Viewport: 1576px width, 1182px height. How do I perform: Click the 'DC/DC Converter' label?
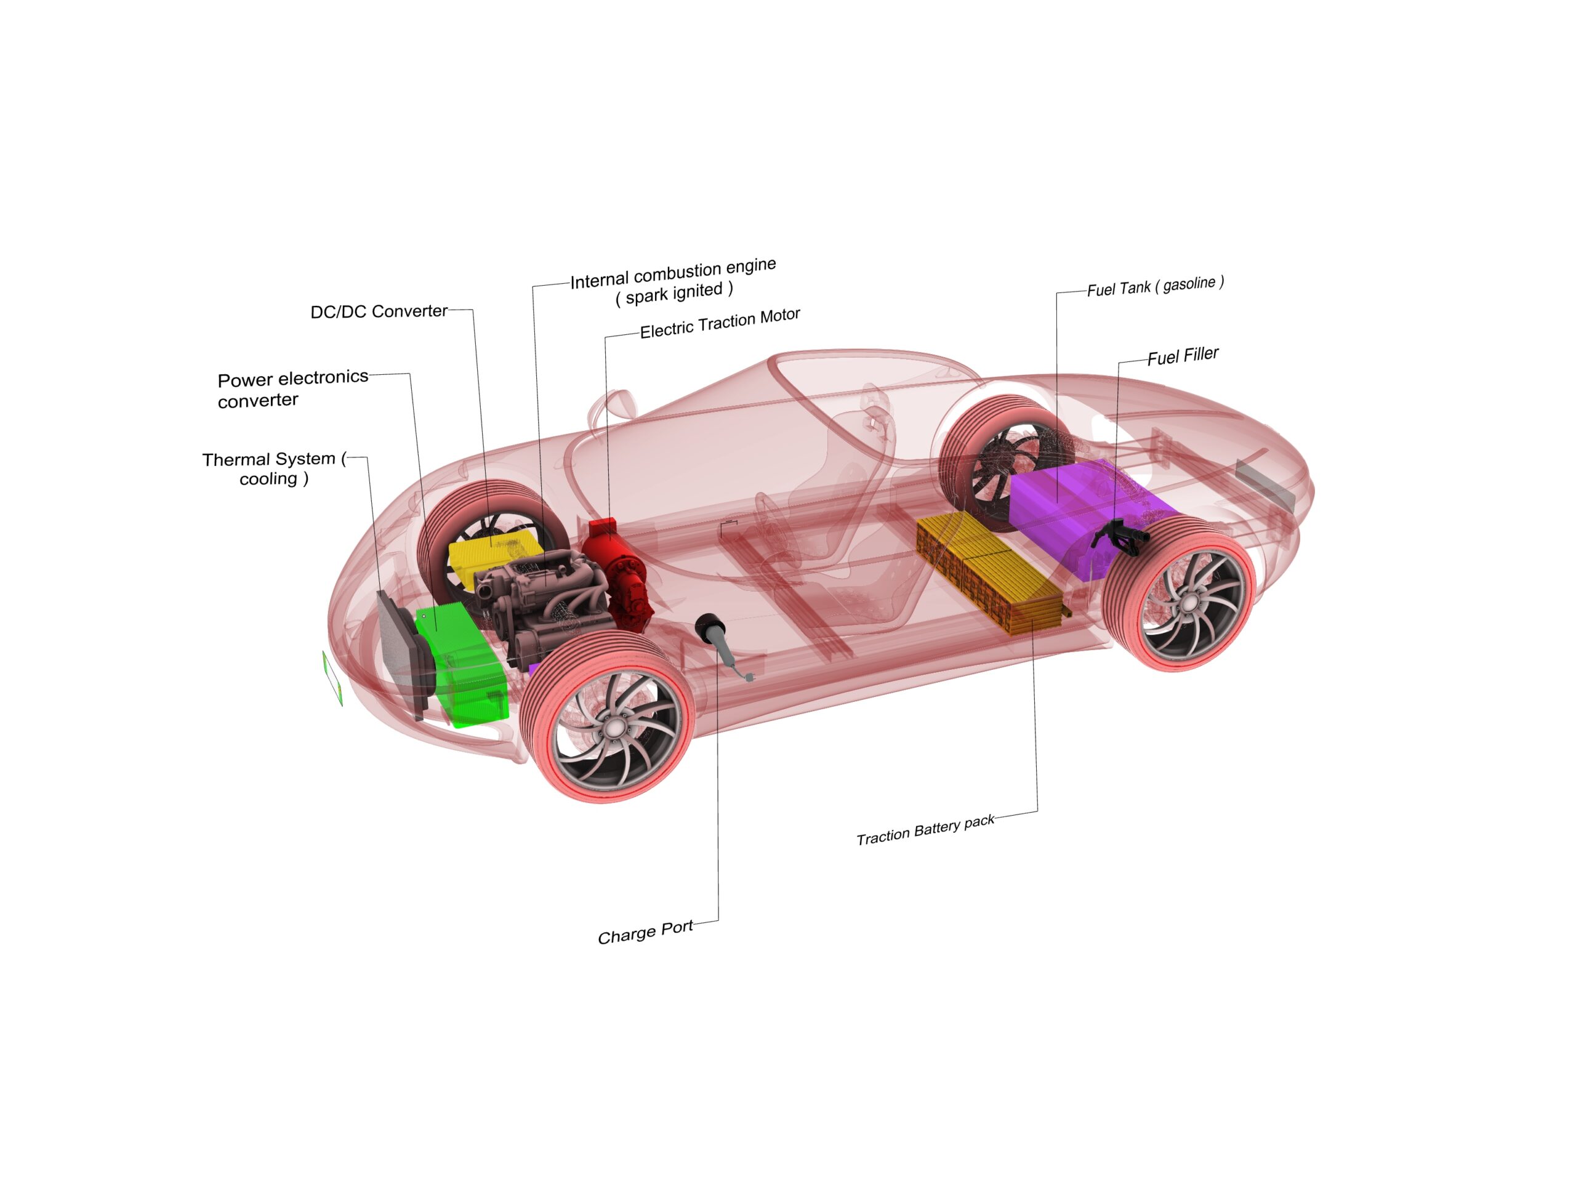point(379,312)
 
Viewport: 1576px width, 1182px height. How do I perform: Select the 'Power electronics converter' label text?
point(293,388)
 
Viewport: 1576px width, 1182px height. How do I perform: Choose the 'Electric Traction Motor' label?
point(720,323)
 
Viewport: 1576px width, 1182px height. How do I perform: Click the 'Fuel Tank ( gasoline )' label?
point(1155,286)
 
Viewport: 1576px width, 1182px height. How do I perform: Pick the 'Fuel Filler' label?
point(1183,356)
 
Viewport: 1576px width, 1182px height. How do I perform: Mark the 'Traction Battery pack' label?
point(925,830)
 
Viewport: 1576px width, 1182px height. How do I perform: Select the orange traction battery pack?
point(991,570)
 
